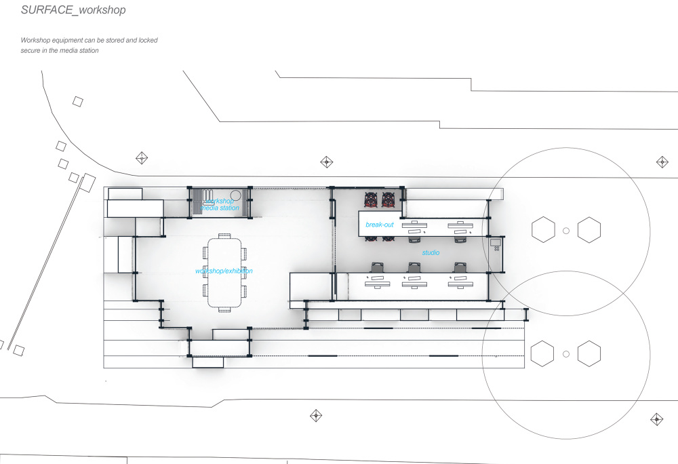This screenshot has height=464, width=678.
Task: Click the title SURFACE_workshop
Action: coord(73,11)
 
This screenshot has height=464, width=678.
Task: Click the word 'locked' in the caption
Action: coord(148,41)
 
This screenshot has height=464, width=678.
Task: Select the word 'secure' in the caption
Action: coord(31,51)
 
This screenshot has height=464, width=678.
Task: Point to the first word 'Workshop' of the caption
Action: coord(36,41)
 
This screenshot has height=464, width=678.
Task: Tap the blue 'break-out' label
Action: coord(380,225)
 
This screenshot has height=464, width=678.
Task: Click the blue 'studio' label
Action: coord(431,253)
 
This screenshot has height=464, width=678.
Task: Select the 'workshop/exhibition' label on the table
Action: coord(224,271)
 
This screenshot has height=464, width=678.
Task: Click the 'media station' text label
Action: coord(222,208)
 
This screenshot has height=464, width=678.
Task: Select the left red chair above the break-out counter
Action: coord(371,199)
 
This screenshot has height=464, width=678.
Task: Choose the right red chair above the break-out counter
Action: coord(388,199)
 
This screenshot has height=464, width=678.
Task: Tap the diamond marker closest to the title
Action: coord(142,158)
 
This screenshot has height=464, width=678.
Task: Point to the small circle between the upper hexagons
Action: coord(566,231)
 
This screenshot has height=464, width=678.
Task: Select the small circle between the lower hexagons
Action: coord(566,353)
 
